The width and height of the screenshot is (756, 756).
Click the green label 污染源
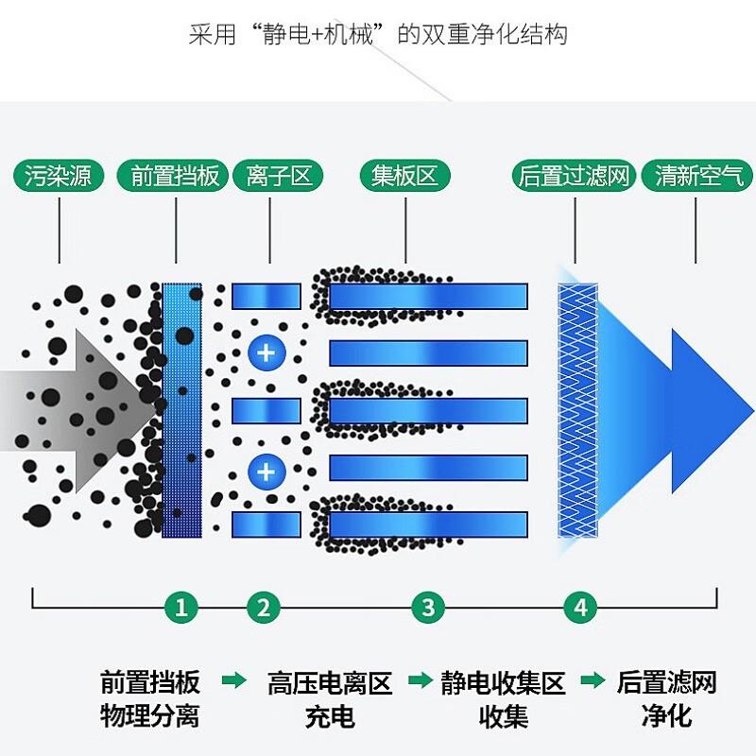(59, 175)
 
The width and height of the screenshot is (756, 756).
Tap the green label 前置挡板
(173, 175)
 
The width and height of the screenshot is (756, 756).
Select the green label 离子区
(278, 175)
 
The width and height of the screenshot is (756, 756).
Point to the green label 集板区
(405, 175)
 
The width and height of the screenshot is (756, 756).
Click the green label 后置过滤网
(574, 175)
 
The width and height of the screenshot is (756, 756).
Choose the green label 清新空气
(697, 175)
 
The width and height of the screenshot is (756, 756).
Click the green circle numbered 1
(181, 607)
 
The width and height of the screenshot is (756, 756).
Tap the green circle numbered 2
(264, 607)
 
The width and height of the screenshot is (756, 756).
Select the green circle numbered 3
(429, 607)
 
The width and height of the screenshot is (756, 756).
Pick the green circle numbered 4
(580, 607)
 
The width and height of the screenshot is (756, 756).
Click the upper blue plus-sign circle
(266, 352)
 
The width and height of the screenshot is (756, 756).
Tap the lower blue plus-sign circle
(266, 472)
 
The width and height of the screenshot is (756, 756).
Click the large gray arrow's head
(115, 411)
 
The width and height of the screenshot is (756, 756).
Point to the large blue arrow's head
(713, 411)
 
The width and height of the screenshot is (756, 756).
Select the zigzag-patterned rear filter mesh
(577, 410)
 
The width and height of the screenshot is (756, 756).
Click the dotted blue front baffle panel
(181, 410)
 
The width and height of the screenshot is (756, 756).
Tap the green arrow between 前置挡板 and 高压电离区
(233, 680)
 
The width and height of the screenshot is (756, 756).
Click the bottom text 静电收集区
(503, 683)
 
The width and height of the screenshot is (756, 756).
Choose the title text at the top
(378, 35)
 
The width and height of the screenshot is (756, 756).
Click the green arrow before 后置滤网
(593, 680)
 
